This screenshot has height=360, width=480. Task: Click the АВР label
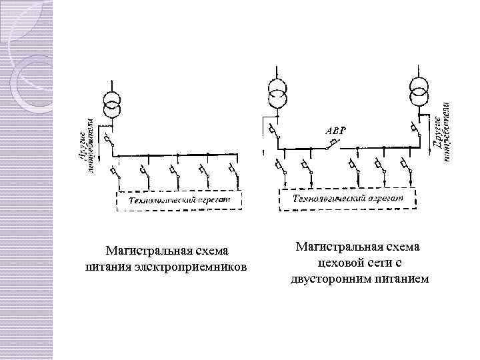pos(335,131)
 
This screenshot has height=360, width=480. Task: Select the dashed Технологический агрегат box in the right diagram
pos(347,199)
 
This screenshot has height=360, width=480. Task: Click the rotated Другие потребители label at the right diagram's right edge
pos(442,130)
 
